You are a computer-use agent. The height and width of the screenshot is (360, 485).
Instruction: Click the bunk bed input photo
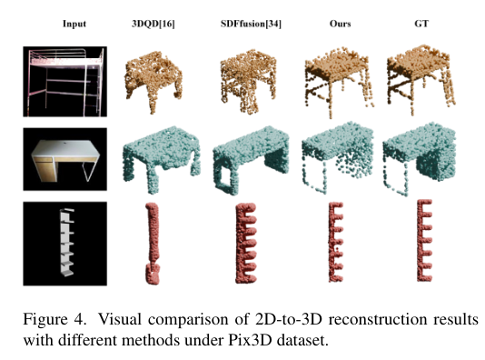(x=64, y=81)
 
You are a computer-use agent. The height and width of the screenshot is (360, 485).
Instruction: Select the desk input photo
(x=64, y=163)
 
